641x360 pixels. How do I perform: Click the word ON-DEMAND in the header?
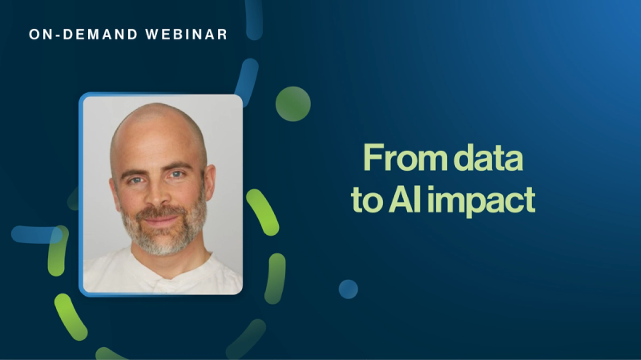pos(84,34)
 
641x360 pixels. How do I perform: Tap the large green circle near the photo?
pos(292,104)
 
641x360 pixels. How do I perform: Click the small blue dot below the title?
pos(348,289)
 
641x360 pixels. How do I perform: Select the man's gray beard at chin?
pos(162,241)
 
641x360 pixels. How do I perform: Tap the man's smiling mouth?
pos(161,218)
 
